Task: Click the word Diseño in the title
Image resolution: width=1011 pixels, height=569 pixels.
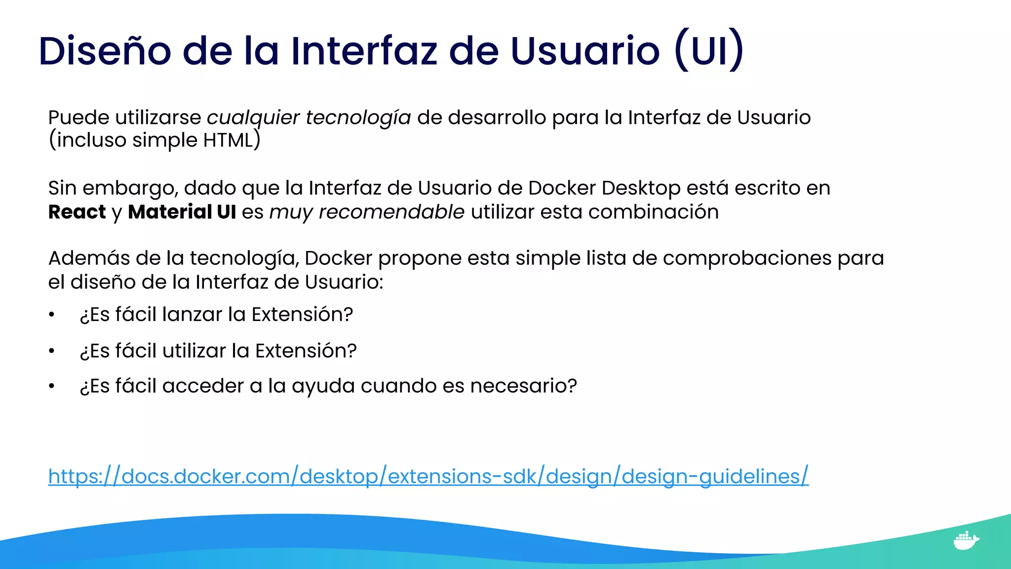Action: tap(105, 51)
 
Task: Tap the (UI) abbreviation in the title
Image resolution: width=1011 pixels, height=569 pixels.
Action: tap(709, 51)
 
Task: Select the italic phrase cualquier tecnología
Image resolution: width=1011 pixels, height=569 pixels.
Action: tap(309, 118)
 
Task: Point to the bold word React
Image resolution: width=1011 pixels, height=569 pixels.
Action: tap(77, 212)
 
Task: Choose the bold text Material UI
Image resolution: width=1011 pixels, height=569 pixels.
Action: tap(182, 212)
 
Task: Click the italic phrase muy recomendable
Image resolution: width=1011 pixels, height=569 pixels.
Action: tap(367, 212)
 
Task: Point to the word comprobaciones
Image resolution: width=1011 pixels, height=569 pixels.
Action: tap(747, 258)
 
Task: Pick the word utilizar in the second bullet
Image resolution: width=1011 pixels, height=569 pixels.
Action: tap(194, 351)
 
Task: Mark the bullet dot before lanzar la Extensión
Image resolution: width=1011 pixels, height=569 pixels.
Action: tap(51, 315)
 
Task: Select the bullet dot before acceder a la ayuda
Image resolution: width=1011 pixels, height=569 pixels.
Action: tap(51, 386)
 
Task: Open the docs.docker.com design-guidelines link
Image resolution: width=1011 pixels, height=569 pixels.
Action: tap(428, 476)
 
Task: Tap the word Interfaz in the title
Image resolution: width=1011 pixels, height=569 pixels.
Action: tap(364, 51)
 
